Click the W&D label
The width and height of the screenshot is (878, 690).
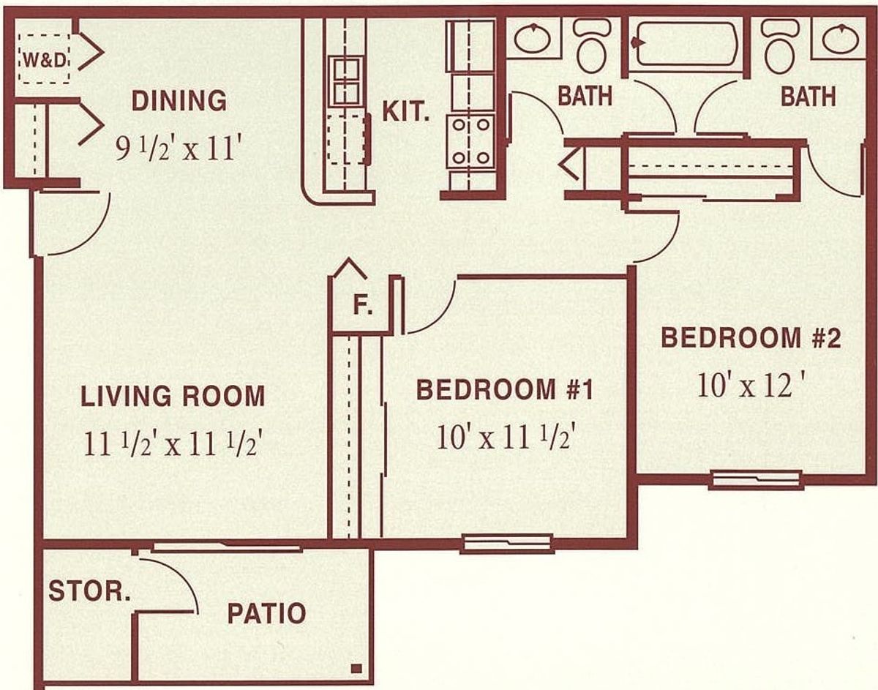45,61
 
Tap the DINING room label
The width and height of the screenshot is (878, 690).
179,100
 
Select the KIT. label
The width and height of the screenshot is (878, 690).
406,111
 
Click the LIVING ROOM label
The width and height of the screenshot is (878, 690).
173,396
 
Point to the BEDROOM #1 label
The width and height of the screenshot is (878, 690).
505,389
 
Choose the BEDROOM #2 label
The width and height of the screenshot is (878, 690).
751,338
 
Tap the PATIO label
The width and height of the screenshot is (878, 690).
266,613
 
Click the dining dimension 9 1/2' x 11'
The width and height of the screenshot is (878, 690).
176,149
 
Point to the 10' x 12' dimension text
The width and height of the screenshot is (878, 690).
748,385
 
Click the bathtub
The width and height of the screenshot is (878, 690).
686,44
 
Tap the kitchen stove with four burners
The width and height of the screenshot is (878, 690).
470,141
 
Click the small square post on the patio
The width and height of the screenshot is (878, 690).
356,669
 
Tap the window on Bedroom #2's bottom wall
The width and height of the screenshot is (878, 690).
756,480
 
